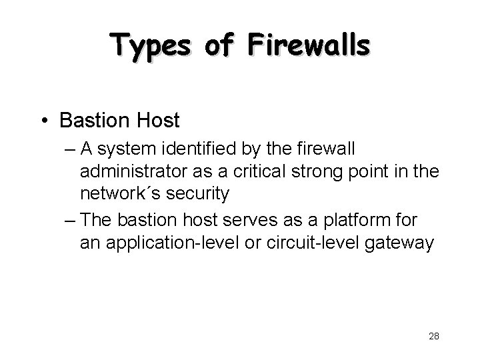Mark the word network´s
tap(119, 194)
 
